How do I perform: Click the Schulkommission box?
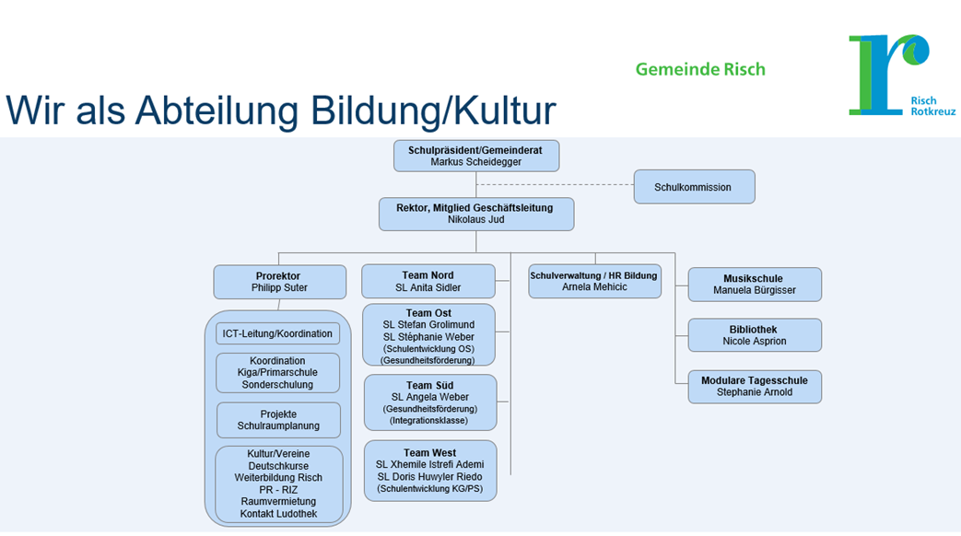[694, 187]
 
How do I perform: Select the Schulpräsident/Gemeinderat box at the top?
[475, 156]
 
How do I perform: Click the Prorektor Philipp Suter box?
[278, 282]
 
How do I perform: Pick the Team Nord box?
[428, 282]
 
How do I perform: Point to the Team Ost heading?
[428, 313]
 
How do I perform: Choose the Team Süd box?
[429, 402]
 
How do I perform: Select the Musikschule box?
[754, 285]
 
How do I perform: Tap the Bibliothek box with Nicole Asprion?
[754, 335]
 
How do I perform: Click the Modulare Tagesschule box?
[754, 387]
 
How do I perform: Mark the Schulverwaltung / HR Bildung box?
[594, 281]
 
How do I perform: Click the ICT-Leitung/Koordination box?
[277, 333]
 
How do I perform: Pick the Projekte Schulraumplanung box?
[278, 420]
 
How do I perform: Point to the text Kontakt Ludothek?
[278, 513]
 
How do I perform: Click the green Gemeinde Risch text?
[700, 69]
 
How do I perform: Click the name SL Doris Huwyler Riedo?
[429, 476]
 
